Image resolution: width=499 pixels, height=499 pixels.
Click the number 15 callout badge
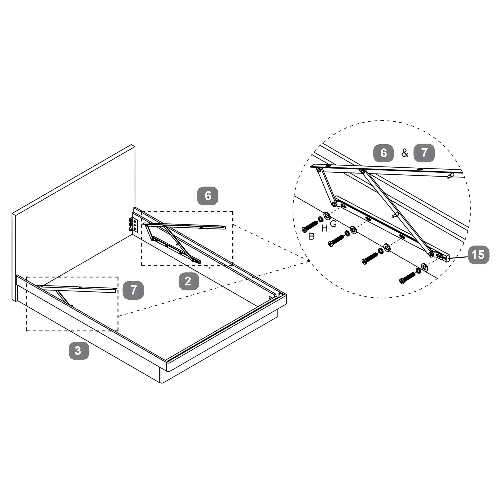click(479, 255)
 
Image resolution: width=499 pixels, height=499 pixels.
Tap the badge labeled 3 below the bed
click(79, 350)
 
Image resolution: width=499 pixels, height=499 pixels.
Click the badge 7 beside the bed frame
click(133, 290)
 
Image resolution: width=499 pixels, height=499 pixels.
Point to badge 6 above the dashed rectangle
click(208, 196)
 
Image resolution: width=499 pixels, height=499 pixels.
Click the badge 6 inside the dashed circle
click(383, 153)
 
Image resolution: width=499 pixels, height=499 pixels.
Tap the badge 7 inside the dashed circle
click(424, 153)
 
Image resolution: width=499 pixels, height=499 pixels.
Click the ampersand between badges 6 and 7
click(405, 153)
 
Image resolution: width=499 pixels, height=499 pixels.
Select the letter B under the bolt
click(312, 236)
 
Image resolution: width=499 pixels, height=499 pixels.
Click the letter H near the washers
click(325, 228)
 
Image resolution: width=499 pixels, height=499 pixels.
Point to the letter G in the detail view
click(334, 224)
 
